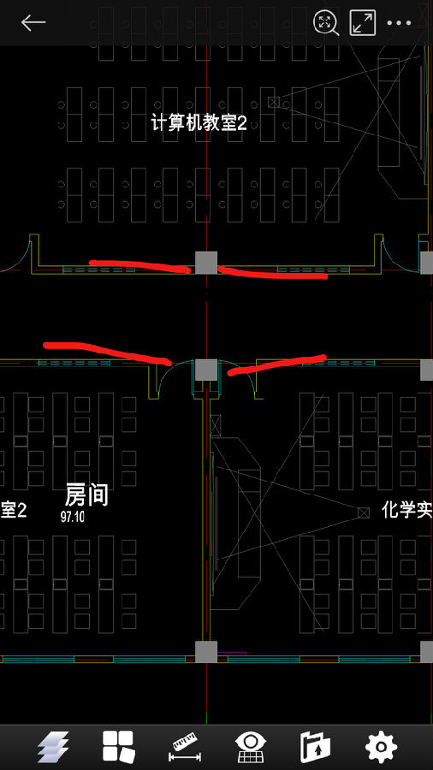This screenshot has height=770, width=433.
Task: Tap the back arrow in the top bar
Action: point(33,22)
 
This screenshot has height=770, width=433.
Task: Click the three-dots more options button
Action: point(399,22)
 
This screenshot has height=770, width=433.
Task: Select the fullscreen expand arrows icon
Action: point(362,22)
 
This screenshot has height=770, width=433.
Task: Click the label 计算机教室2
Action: point(199,122)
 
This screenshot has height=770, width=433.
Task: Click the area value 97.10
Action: point(73,516)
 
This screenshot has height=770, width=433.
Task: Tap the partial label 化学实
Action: point(407,511)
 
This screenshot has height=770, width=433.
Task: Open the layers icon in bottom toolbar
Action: point(53,746)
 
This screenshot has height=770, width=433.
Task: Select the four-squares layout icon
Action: point(118,746)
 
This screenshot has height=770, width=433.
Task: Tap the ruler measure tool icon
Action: point(185,746)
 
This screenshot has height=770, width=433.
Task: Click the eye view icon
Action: point(251,746)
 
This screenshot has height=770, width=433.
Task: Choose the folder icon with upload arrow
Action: point(316,746)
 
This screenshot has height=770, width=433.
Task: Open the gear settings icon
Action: point(381,746)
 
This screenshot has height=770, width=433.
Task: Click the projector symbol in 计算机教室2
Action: point(274,102)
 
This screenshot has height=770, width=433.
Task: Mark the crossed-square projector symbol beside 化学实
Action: point(363,512)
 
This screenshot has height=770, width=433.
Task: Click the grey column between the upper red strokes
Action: point(206,263)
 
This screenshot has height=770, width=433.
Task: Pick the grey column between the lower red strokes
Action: point(206,370)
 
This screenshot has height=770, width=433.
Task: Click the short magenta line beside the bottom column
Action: point(231,653)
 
